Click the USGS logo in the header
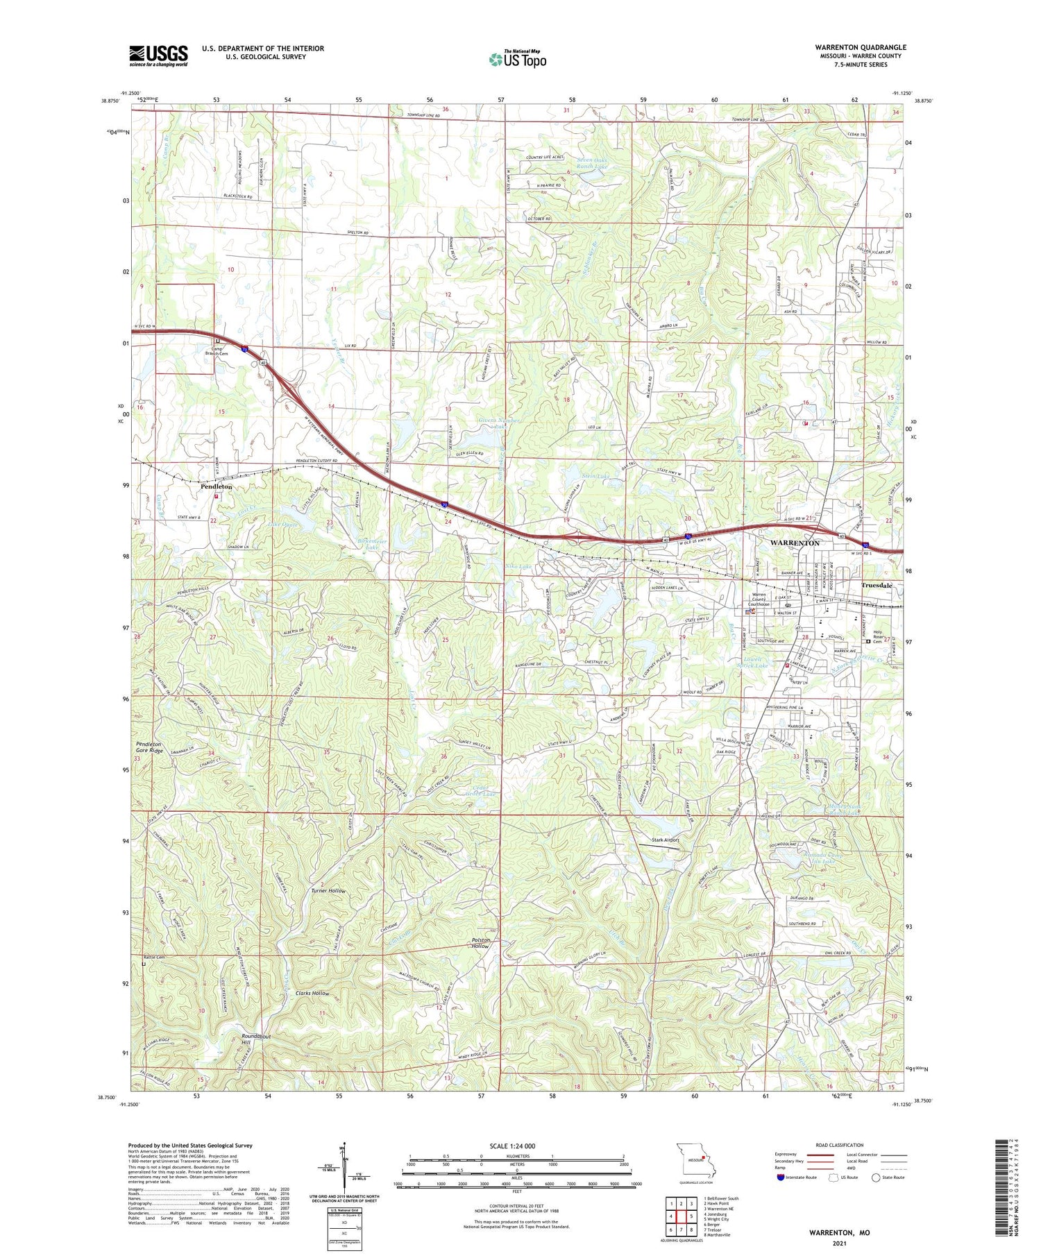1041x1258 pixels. point(158,56)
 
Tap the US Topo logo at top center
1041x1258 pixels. point(518,60)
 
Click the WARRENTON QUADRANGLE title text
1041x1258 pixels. point(861,47)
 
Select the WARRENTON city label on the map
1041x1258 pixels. point(795,543)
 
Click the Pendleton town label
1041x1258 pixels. point(216,487)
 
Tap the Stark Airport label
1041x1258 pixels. point(662,840)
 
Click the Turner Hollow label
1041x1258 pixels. point(328,890)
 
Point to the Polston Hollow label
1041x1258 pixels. point(480,943)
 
